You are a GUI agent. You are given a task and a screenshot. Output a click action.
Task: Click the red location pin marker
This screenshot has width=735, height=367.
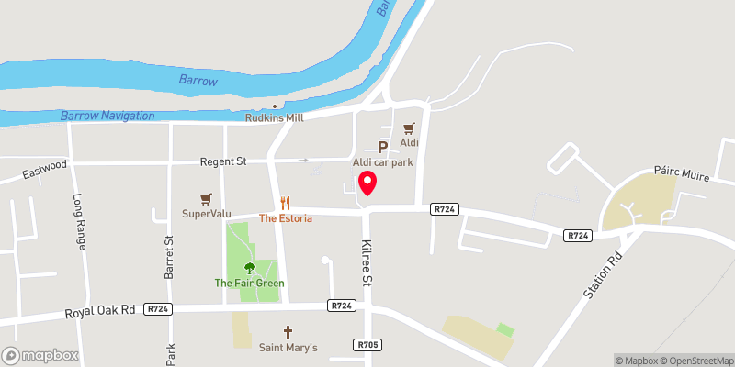[x=367, y=183]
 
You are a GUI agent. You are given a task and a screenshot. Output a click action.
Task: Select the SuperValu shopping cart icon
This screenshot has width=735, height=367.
[x=206, y=198]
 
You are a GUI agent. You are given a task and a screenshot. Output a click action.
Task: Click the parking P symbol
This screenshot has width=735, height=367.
[x=382, y=147]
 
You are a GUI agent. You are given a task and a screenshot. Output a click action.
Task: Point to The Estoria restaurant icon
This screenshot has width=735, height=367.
[x=286, y=203]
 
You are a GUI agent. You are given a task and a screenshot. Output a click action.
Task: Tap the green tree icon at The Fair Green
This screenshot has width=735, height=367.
[x=249, y=268]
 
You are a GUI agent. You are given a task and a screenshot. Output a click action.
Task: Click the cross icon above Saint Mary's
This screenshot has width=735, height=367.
[x=288, y=331]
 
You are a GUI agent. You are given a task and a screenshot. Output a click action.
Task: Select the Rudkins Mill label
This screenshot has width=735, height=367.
[x=274, y=117]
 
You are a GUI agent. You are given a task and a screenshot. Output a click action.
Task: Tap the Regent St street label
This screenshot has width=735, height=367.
[x=223, y=161]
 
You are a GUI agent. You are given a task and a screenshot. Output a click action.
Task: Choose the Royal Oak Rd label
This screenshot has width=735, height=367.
[x=100, y=312]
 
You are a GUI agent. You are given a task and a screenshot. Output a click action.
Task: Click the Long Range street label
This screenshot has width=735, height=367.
[x=80, y=222]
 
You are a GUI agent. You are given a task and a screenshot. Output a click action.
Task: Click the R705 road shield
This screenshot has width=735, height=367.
[x=366, y=344]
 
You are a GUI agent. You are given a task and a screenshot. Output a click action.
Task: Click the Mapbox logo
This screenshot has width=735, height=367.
[x=40, y=355]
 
